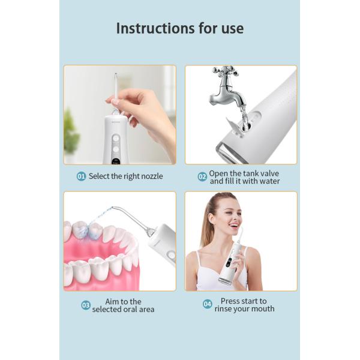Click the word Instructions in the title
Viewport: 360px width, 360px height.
tap(155, 28)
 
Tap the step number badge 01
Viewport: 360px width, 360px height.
tap(81, 176)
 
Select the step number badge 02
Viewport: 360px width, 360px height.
tap(202, 177)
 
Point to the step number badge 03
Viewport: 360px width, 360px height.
tap(86, 305)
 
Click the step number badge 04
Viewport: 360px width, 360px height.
tap(208, 304)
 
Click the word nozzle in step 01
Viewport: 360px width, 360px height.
tap(152, 176)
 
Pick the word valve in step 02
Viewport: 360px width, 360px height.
tap(268, 173)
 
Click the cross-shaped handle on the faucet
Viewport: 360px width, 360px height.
tap(225, 71)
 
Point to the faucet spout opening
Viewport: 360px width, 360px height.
tap(243, 106)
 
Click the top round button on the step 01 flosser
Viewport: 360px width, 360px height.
tap(116, 139)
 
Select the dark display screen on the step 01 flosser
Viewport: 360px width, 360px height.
tap(116, 161)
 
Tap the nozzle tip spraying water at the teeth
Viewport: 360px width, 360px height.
tap(113, 208)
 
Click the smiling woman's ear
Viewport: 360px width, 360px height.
tap(211, 219)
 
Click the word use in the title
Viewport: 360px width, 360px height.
tap(232, 29)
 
